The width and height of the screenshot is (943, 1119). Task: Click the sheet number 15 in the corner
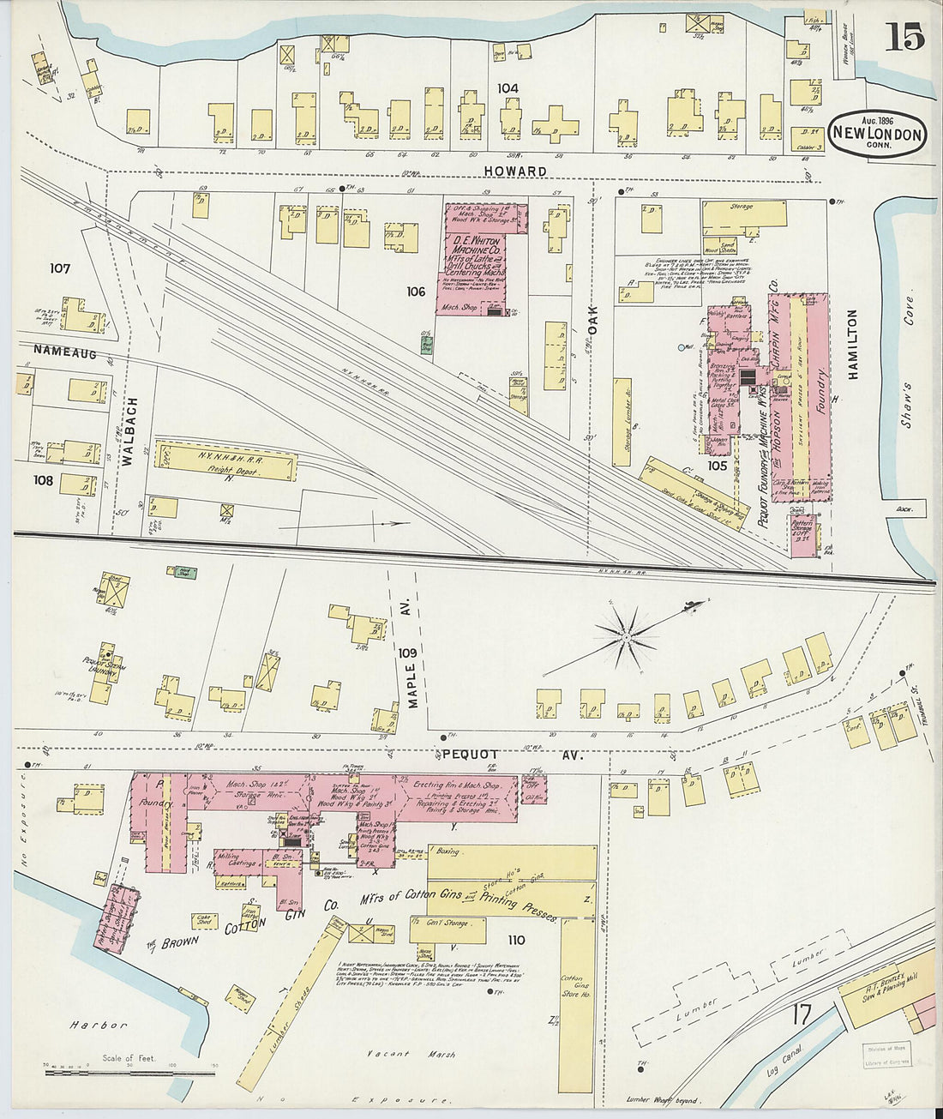point(904,38)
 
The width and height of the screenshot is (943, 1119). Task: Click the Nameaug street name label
point(65,352)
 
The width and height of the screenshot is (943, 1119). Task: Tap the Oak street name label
point(592,318)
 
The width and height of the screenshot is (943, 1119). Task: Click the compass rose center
point(626,636)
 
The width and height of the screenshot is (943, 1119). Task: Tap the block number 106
point(416,292)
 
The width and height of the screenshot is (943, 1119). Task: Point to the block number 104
point(508,87)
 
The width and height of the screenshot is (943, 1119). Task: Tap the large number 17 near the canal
point(801,1014)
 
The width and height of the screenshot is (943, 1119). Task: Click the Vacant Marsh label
point(411,1054)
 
